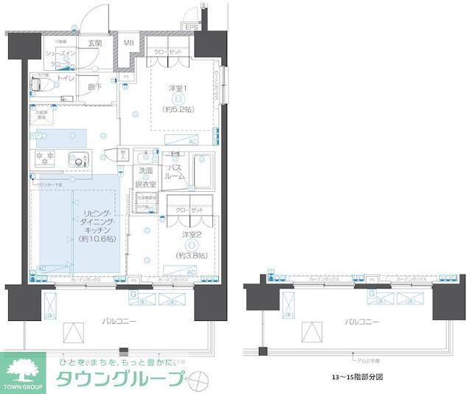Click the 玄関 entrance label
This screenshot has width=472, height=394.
click(x=95, y=44)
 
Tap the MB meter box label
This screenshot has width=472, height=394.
click(x=128, y=43)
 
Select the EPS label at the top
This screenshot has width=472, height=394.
click(x=192, y=27)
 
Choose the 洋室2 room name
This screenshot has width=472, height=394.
click(x=190, y=235)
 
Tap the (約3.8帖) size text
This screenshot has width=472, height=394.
click(x=190, y=256)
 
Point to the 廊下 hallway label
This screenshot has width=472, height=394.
click(x=94, y=86)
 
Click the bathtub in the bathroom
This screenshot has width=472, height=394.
click(x=203, y=171)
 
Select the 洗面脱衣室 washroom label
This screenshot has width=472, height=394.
click(x=145, y=177)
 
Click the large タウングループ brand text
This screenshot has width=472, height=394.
click(x=121, y=380)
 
